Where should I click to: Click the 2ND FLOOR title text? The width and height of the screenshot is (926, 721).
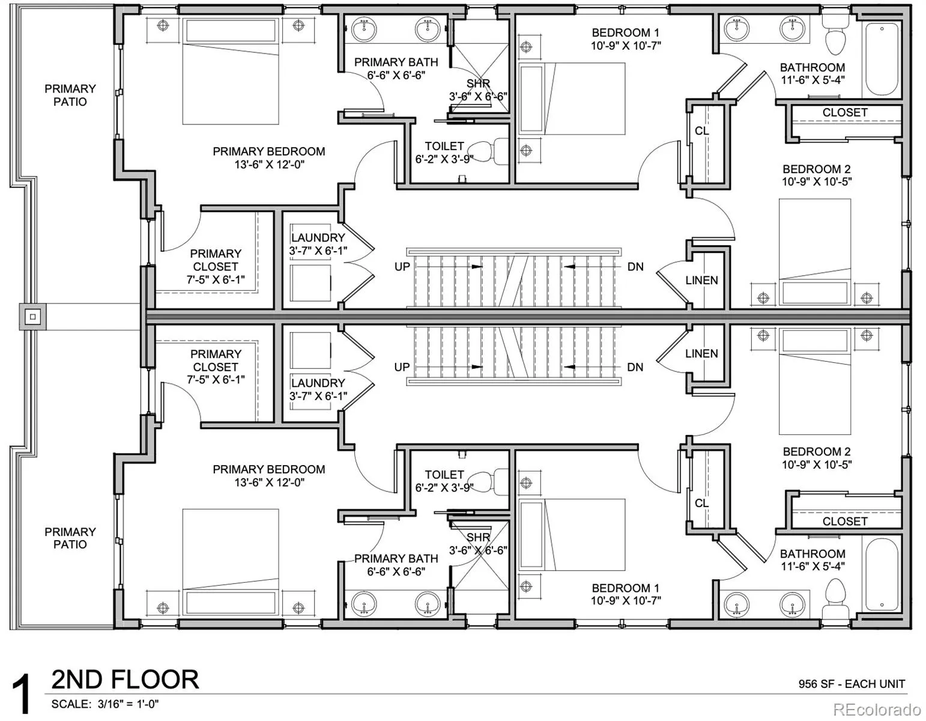(125, 680)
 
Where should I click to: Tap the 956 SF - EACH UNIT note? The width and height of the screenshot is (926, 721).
(852, 684)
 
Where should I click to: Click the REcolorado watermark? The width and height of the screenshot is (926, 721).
(877, 710)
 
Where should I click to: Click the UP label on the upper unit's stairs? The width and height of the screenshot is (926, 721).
(402, 267)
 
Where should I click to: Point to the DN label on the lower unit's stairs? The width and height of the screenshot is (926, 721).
(635, 367)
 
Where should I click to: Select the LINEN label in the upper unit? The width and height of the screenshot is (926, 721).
(702, 280)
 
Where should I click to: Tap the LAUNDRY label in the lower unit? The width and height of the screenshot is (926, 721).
(318, 383)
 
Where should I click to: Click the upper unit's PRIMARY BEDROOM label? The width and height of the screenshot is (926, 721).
(269, 151)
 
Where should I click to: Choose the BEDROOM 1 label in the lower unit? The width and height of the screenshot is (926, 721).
(626, 588)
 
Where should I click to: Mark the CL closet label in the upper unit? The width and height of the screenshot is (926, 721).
(702, 130)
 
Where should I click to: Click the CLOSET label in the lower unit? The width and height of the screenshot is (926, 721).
(845, 522)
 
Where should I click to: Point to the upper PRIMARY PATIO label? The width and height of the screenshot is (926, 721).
(70, 95)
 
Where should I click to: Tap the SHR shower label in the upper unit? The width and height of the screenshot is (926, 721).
(478, 83)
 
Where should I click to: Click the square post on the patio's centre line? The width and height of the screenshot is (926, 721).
(33, 317)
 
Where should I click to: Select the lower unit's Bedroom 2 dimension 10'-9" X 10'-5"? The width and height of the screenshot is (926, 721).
(817, 464)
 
